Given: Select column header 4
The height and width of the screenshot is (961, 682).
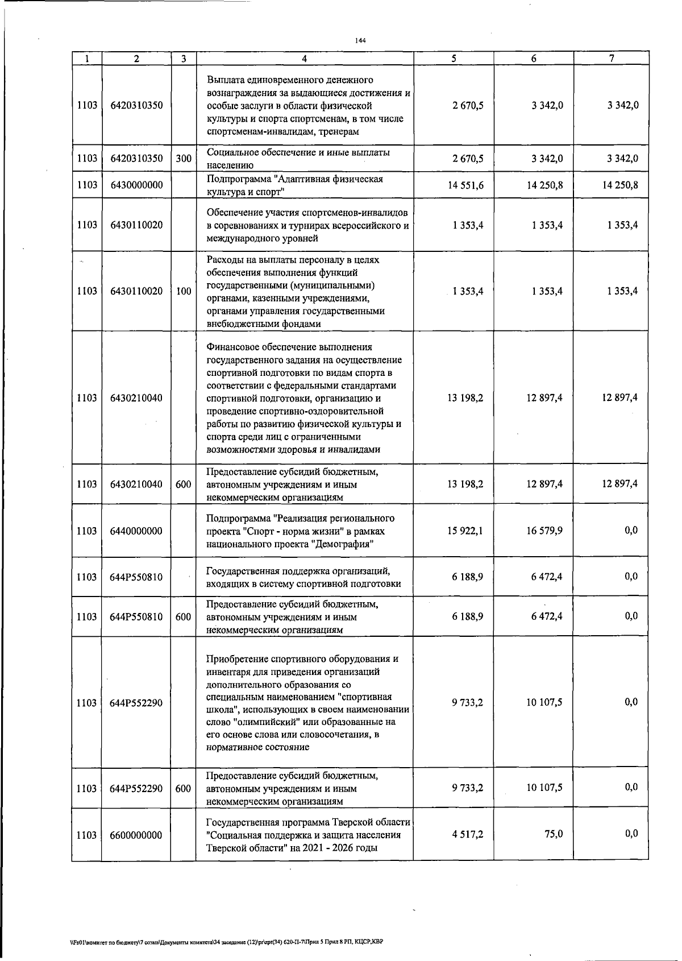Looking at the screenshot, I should (305, 59).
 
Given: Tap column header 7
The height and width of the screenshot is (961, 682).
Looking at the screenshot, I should (611, 59).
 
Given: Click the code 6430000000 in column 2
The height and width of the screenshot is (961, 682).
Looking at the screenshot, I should (136, 185).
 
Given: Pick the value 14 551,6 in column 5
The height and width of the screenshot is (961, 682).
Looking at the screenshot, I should (465, 185).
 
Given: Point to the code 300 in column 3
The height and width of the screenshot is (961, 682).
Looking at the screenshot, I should (183, 159).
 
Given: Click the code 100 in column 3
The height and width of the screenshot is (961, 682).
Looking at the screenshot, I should (183, 291).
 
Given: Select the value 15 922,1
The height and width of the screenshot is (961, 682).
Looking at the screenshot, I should (465, 531).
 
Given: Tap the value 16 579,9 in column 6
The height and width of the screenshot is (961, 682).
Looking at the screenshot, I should (544, 531).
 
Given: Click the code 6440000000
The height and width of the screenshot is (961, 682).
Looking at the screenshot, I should (136, 532).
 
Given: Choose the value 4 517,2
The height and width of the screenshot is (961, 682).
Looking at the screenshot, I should (468, 834).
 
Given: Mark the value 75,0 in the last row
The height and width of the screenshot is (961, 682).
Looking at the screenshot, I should (553, 834).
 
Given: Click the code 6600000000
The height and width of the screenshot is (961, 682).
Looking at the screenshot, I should (136, 835).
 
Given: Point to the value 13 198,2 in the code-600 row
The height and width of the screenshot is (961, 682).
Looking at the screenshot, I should (465, 484).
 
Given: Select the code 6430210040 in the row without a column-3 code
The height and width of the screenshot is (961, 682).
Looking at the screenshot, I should (136, 398).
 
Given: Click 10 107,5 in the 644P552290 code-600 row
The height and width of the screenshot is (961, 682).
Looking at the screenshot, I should (544, 788).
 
